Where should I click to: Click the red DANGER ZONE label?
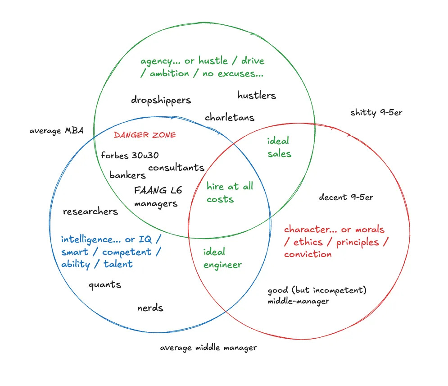[145, 135]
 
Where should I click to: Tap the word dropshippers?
[161, 100]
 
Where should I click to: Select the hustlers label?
[256, 95]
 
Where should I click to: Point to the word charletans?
[229, 118]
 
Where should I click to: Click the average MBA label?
[56, 131]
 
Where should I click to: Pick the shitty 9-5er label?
[376, 112]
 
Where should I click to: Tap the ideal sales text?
[279, 147]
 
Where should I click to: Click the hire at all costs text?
[230, 193]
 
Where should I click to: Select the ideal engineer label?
[222, 258]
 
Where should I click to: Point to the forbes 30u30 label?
[130, 155]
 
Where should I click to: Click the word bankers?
[127, 175]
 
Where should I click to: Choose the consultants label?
[176, 168]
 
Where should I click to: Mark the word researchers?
[90, 211]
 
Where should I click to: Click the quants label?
[104, 285]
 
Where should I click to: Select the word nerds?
[150, 308]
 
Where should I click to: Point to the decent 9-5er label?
[346, 197]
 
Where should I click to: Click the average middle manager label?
[208, 348]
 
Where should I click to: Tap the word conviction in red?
[308, 254]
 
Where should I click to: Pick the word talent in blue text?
[118, 264]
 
